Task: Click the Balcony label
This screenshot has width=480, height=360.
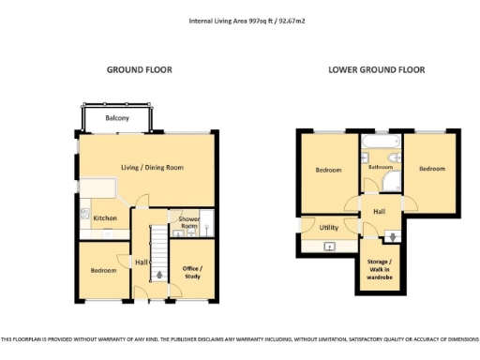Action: tap(117, 118)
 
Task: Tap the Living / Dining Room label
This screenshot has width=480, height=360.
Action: tap(151, 167)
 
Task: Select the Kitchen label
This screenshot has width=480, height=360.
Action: tap(104, 218)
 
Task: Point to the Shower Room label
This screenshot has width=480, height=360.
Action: tap(188, 222)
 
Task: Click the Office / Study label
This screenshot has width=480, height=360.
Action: tap(192, 271)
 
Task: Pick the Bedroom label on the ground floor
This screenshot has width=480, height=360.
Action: tap(103, 270)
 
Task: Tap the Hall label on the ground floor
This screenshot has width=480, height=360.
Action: tap(142, 262)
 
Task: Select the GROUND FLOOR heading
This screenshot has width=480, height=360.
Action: tap(139, 70)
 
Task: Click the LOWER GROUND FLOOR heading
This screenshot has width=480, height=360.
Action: tap(376, 70)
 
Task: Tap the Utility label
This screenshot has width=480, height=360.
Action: tap(328, 227)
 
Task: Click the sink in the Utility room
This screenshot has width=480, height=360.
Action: tap(329, 247)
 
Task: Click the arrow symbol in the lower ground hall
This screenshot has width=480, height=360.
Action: tap(391, 235)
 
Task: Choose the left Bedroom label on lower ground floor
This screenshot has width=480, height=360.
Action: tap(328, 170)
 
